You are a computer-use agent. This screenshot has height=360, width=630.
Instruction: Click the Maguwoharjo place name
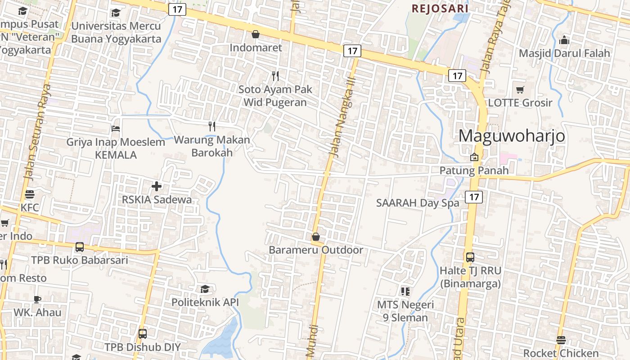(x=512, y=135)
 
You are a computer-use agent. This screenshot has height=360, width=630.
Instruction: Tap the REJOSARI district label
(x=440, y=8)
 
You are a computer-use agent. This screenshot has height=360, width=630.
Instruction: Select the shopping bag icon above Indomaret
(x=256, y=34)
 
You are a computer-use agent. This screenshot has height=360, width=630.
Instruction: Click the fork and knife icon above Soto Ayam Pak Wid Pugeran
(x=275, y=76)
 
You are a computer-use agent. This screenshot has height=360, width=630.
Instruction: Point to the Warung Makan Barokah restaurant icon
(x=212, y=126)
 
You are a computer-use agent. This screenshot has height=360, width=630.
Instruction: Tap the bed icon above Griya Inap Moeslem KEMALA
(x=116, y=129)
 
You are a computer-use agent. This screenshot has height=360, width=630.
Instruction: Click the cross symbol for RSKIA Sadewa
(x=157, y=186)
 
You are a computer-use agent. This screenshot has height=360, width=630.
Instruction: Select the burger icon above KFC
(x=30, y=194)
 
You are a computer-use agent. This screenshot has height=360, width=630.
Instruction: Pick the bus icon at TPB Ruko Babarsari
(x=80, y=247)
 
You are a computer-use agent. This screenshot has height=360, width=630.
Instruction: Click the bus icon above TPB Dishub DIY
(x=143, y=334)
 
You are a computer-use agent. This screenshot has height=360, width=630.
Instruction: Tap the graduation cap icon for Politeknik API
(x=205, y=289)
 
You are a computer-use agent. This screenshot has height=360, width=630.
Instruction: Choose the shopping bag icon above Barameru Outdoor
(x=316, y=236)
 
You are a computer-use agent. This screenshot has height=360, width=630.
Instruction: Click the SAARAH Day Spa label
(x=418, y=202)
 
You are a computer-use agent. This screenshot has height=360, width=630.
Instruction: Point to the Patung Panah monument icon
(x=474, y=157)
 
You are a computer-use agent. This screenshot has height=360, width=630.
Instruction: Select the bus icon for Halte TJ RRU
(x=470, y=257)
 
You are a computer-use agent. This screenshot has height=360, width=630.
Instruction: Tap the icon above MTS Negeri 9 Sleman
(x=405, y=292)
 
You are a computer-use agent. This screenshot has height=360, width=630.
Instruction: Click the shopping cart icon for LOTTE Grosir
(x=520, y=90)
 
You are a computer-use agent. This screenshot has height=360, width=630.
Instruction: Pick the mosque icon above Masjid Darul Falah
(x=564, y=40)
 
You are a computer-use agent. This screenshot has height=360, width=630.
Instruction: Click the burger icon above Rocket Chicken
(x=561, y=340)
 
